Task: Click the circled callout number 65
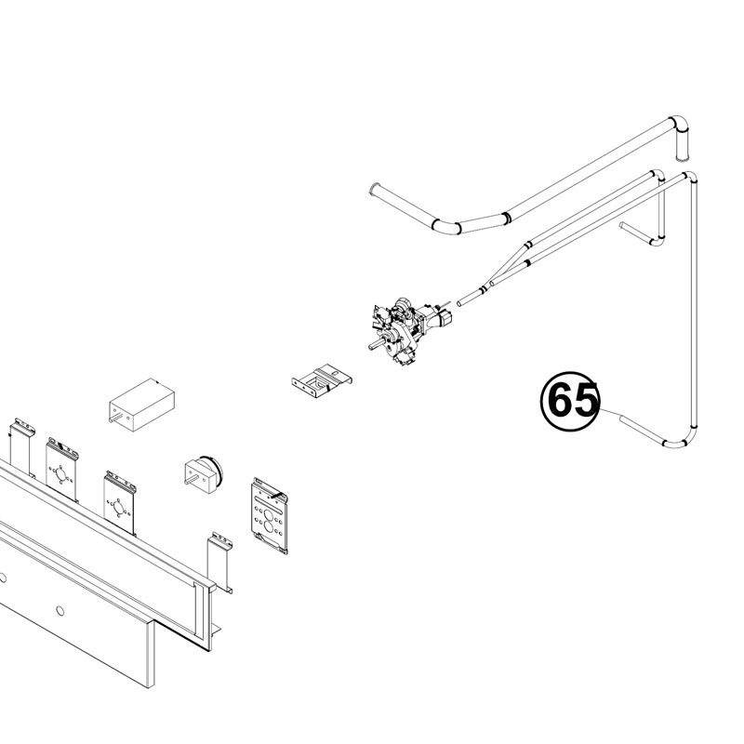[x=570, y=402]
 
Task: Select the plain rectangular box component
[x=141, y=405]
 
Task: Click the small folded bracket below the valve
[x=322, y=380]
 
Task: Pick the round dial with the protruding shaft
[x=203, y=474]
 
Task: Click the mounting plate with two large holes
[x=270, y=516]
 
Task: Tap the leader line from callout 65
[x=611, y=412]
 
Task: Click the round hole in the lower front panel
[x=60, y=611]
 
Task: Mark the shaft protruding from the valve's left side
[x=375, y=344]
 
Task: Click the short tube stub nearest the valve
[x=471, y=297]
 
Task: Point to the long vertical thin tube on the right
[x=693, y=304]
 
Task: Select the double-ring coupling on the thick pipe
[x=506, y=218]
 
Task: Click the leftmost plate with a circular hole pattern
[x=61, y=470]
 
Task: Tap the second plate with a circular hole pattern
[x=120, y=502]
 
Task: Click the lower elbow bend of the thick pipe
[x=446, y=228]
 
